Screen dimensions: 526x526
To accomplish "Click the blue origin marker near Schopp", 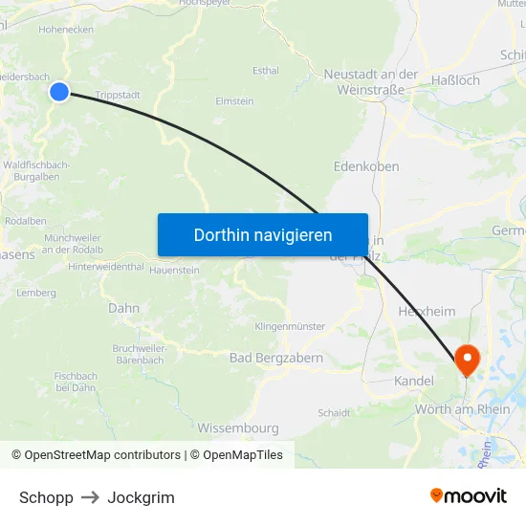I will pos(59,92).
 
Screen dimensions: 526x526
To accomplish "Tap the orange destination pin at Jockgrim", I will pos(468,361).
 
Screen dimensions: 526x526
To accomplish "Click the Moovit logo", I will pos(469,495).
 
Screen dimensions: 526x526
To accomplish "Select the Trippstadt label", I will pos(119,95).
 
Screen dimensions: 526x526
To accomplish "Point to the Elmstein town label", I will pos(234,100).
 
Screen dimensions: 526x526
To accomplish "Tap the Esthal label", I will pos(265,70).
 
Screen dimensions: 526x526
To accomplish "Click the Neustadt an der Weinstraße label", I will pos(371,81).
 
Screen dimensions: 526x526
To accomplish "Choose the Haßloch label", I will pos(455,80).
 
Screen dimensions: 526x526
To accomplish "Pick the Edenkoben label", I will pos(366,166).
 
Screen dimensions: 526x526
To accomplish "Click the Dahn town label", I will pos(123,308).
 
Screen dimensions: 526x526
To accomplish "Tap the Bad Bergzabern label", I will pos(276,358).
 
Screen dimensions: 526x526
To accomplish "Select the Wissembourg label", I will pos(238,427).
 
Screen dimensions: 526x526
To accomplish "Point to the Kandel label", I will pos(413,381).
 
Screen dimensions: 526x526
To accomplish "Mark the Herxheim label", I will pos(427,311).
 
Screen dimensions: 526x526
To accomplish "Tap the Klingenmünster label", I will pos(290,326).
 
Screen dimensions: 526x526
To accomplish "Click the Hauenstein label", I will pos(174,271).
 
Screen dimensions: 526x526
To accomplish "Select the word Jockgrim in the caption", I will pos(141,497).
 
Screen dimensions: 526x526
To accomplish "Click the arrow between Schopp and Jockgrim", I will pos(90,497).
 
